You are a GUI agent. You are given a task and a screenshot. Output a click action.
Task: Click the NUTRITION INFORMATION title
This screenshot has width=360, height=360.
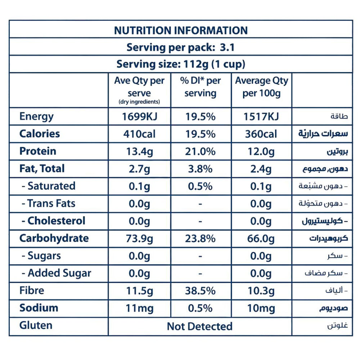click(x=181, y=30)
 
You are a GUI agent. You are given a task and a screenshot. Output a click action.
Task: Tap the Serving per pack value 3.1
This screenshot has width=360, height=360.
click(x=226, y=47)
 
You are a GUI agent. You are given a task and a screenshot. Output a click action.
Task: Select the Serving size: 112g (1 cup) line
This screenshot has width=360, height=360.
click(x=181, y=64)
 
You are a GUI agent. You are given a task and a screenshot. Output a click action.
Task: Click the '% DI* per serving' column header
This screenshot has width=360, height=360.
click(x=201, y=87)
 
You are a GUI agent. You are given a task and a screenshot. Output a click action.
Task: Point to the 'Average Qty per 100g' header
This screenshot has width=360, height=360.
click(x=261, y=87)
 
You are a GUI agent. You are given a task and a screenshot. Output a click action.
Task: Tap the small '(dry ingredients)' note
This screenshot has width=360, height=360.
click(x=139, y=102)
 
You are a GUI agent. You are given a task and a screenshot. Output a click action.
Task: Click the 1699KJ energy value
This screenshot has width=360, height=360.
click(x=139, y=117)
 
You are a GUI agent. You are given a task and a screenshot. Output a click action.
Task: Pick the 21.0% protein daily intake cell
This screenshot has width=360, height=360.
click(x=201, y=152)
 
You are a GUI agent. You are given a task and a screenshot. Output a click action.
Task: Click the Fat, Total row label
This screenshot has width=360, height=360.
click(x=42, y=168)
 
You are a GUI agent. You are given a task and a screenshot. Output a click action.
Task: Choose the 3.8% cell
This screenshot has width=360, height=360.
click(x=201, y=169)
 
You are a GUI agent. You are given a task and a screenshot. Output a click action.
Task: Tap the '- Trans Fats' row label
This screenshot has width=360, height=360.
click(x=48, y=203)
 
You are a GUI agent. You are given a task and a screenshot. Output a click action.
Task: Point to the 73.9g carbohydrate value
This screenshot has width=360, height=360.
click(x=139, y=238)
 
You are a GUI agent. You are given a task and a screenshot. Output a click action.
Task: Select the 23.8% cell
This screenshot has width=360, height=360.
click(x=201, y=238)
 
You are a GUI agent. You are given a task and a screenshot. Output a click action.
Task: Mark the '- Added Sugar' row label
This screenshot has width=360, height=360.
click(x=56, y=273)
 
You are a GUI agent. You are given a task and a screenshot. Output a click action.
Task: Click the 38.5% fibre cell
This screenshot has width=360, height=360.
click(x=201, y=291)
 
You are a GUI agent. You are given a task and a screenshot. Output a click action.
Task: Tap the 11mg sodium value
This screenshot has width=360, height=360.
click(x=139, y=308)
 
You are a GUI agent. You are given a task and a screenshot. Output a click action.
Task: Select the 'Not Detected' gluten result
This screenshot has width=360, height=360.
click(x=200, y=326)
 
